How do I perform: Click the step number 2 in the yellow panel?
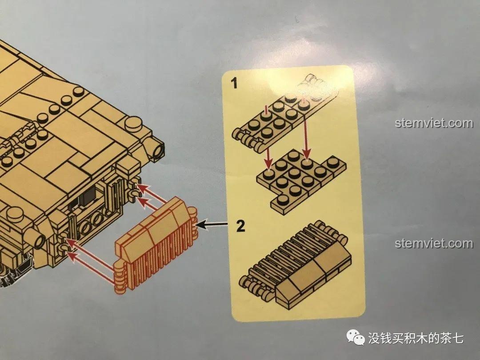(240, 227)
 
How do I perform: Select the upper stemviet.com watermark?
(434, 123)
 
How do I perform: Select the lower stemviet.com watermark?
(434, 244)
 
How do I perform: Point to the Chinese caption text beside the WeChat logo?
(416, 338)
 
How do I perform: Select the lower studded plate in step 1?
(298, 178)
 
